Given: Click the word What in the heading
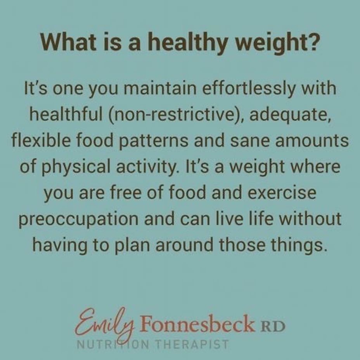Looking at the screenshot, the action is (68, 42).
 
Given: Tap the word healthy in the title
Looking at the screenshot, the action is (188, 43).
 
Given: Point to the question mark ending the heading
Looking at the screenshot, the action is (313, 42).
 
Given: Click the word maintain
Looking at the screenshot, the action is (160, 88).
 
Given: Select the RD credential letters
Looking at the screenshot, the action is (273, 326).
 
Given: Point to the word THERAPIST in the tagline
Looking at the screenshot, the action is (192, 344).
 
